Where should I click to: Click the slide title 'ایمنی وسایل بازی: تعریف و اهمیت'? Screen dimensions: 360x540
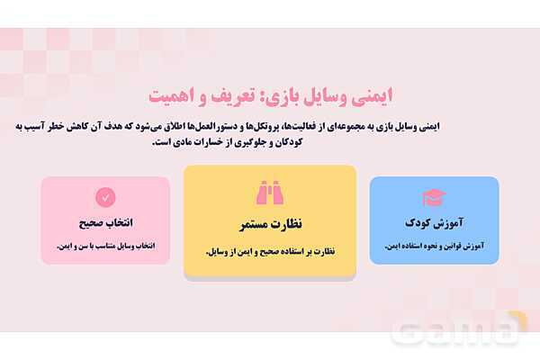[269, 95]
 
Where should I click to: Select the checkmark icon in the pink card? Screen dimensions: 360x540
[105, 196]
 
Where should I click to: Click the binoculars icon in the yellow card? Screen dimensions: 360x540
[269, 193]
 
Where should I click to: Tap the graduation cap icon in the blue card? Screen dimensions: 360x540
[434, 197]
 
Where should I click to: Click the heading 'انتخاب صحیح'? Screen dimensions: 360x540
[105, 222]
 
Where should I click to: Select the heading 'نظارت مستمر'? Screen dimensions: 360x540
[269, 223]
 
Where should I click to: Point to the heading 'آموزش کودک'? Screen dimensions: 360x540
[434, 221]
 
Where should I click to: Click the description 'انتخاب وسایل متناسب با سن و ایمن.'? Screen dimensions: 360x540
[105, 245]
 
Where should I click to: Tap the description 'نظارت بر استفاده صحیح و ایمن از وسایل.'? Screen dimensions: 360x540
[269, 251]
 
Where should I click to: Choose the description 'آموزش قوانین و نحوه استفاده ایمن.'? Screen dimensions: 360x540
[434, 245]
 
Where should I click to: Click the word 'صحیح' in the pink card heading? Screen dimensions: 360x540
[88, 222]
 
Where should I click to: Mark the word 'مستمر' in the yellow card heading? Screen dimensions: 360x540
[249, 223]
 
